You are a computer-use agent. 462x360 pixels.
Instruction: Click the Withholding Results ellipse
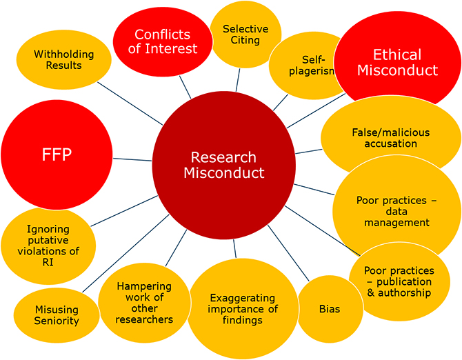tap(63, 59)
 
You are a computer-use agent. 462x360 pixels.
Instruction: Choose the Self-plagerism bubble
tap(307, 66)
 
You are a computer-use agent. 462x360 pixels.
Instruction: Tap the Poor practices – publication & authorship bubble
tap(397, 281)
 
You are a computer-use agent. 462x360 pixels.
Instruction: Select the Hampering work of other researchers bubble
tap(144, 302)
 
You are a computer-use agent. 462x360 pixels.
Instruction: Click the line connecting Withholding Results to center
tap(131, 104)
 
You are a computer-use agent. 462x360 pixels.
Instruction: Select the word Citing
tap(245, 40)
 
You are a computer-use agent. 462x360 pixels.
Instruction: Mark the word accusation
tap(392, 143)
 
